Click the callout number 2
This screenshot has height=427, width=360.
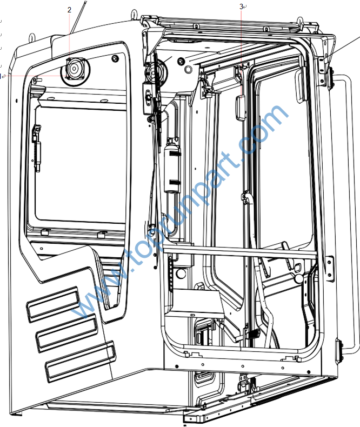69,10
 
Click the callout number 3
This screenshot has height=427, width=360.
241,6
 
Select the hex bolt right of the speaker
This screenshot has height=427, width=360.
115,58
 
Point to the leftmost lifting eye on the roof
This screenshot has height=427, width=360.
32,36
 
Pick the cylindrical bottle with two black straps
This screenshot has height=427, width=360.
172,166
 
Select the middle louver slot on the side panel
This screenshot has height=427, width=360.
66,333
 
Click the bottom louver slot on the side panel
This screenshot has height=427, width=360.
80,362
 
